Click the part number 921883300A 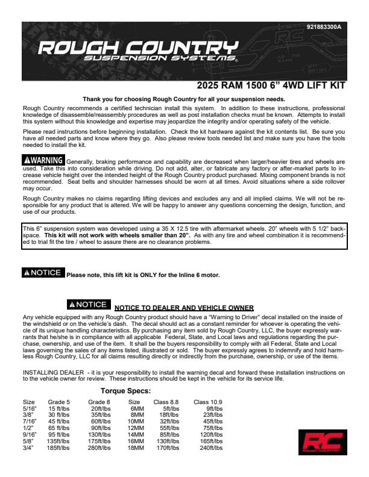pos(324,27)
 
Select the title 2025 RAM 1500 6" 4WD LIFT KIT pos(271,86)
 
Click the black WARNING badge pos(43,160)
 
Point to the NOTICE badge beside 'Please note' pos(42,273)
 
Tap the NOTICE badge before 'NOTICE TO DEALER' pos(88,305)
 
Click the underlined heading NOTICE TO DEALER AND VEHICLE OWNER pos(184,308)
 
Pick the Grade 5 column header pos(59,402)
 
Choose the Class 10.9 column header pos(209,402)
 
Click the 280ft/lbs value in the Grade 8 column pos(99,448)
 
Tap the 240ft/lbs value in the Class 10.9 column pos(211,448)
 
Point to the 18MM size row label pos(136,448)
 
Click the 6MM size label pos(137,408)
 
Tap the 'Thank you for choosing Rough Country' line pos(184,99)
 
